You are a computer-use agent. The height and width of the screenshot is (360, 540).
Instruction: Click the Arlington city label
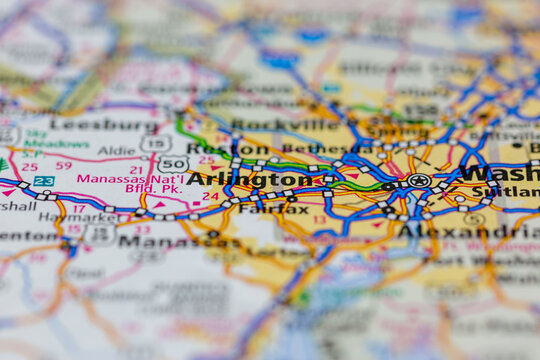click(x=249, y=179)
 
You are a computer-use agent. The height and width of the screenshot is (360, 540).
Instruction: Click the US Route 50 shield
click(x=172, y=163)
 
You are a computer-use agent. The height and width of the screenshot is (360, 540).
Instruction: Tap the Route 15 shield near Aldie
click(x=154, y=143)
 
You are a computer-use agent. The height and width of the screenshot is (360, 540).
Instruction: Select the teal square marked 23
click(x=43, y=181)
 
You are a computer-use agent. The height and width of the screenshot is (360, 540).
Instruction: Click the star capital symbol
click(x=419, y=181)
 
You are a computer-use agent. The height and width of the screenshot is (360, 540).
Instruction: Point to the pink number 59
click(x=63, y=165)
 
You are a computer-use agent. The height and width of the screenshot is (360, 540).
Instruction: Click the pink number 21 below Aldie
click(x=135, y=170)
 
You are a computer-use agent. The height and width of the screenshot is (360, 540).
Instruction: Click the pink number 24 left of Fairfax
click(x=210, y=196)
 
